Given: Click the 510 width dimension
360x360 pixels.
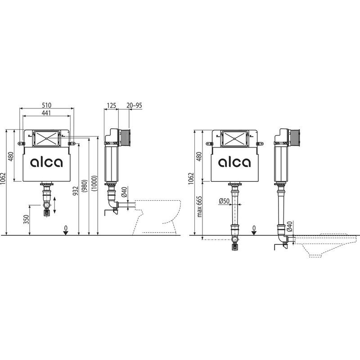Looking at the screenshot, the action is click(x=47, y=105).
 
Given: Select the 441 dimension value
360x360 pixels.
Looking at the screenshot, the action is click(x=47, y=113).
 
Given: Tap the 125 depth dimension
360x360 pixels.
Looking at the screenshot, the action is click(x=111, y=105).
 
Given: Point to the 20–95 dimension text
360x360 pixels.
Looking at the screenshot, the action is click(x=134, y=105).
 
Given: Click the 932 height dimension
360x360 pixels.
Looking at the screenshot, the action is click(x=76, y=191).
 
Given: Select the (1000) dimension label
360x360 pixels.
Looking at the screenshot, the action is click(x=94, y=183).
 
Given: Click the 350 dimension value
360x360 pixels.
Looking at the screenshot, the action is click(x=27, y=219).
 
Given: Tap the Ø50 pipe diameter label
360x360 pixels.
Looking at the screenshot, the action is click(x=224, y=201).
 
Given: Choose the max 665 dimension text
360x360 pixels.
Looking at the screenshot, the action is click(x=199, y=207).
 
